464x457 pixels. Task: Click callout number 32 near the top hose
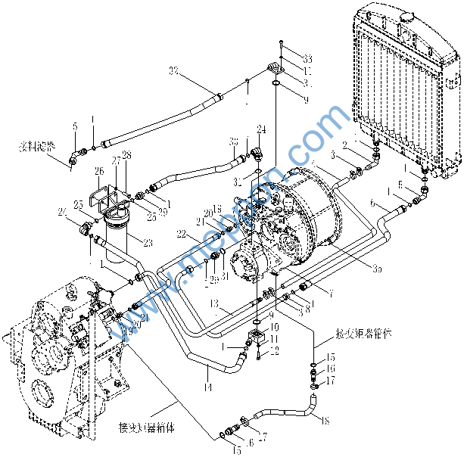[x=174, y=70]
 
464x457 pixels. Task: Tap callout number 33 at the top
[x=286, y=58]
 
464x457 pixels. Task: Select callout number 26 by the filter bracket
[x=99, y=171]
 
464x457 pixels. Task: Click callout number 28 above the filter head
[x=126, y=155]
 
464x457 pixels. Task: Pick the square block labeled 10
[x=257, y=334]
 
